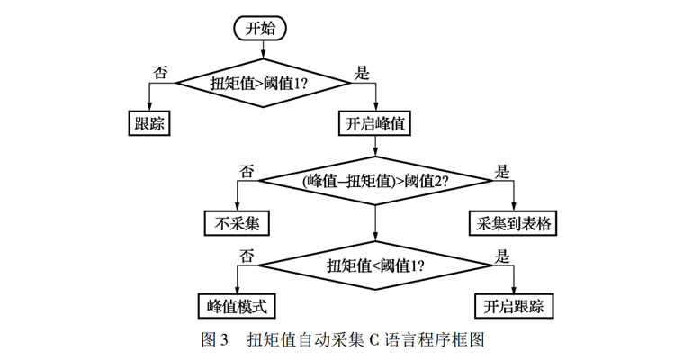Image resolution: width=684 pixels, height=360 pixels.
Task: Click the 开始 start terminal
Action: click(260, 28)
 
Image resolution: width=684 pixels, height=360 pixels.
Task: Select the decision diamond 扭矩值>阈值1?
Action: click(261, 84)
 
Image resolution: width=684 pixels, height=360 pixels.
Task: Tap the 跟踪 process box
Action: click(148, 124)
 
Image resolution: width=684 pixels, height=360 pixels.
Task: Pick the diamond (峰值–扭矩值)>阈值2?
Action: click(375, 180)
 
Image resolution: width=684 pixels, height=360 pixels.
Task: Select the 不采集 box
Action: click(238, 222)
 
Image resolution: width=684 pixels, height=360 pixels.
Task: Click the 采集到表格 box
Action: click(514, 222)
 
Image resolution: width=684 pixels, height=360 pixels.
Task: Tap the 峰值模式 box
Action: click(238, 305)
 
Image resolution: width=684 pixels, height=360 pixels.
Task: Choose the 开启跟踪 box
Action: click(514, 305)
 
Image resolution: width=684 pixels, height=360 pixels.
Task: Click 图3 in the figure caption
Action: click(215, 340)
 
